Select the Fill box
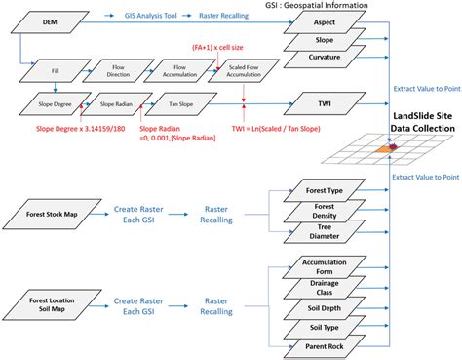coord(42,71)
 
